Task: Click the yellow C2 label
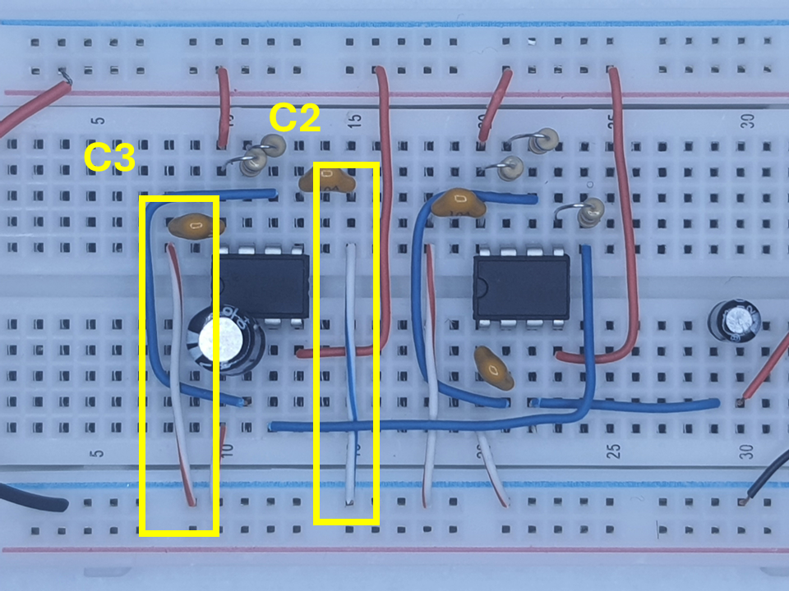294,119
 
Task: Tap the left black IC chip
261,284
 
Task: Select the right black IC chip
520,285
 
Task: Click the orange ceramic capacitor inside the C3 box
196,224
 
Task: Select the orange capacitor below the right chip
494,369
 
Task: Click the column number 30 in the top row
747,121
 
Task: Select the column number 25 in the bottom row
613,450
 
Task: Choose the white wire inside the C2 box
350,369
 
